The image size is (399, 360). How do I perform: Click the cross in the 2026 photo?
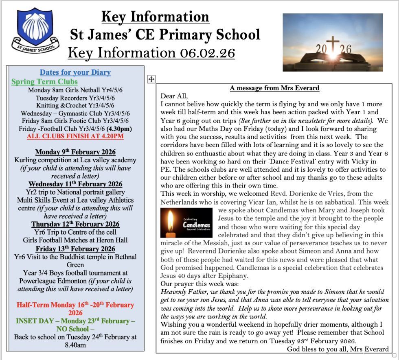point(333,47)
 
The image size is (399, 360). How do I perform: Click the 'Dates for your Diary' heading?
point(75,72)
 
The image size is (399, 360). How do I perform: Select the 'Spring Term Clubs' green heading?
point(44,82)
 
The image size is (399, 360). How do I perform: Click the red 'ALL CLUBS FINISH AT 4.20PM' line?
point(75,136)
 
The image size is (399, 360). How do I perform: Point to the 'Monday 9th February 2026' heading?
point(75,152)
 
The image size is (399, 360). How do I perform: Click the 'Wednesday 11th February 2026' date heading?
point(75,184)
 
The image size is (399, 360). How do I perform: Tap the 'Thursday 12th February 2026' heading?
point(75,224)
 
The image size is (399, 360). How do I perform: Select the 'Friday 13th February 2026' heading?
point(75,249)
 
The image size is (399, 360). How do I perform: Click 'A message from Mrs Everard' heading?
point(274,88)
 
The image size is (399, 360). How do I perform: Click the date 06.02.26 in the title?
point(206,53)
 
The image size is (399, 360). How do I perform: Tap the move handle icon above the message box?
point(151,79)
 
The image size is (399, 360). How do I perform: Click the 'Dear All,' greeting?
point(175,96)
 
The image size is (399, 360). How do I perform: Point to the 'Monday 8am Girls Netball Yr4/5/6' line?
point(75,90)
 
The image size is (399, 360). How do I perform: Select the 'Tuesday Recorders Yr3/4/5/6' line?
point(75,98)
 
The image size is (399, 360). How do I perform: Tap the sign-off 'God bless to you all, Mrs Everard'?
point(338,349)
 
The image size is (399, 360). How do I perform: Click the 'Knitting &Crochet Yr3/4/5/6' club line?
point(75,106)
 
